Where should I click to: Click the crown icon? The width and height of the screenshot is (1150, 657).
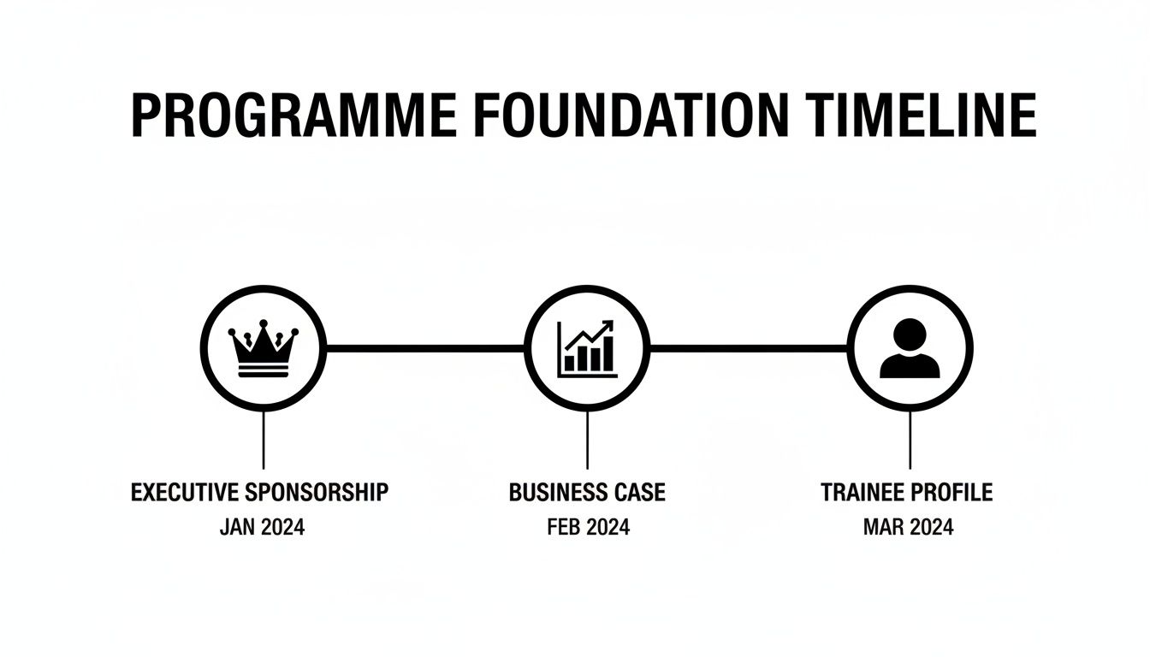263,349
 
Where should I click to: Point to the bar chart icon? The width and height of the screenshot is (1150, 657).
586,349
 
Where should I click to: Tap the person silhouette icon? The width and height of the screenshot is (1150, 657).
910,349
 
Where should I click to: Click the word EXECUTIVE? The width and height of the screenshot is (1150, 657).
186,493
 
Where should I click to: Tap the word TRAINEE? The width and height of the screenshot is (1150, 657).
862,493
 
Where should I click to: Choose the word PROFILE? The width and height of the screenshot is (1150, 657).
951,493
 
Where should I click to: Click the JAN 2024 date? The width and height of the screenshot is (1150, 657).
262,527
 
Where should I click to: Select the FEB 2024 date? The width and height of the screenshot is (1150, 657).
588,527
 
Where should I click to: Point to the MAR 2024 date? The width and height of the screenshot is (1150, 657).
909,527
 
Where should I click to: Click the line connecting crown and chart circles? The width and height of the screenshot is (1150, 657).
424,348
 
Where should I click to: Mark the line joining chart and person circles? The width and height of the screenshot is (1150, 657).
748,348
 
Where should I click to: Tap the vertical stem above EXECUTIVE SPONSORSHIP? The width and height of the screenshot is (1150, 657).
263,440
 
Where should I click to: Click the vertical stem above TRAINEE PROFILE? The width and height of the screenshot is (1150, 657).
910,440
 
